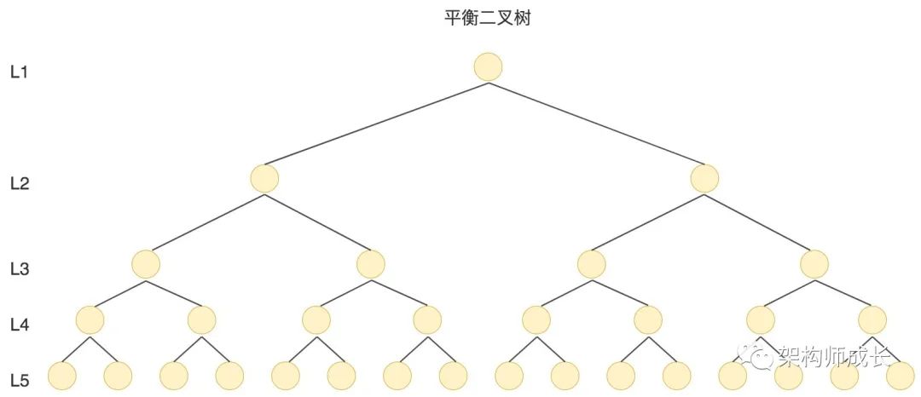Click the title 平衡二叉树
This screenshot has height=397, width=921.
click(488, 18)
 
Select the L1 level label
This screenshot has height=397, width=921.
click(20, 72)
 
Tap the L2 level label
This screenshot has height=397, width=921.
click(20, 182)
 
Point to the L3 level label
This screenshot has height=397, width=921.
click(20, 269)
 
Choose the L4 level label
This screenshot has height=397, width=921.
click(20, 325)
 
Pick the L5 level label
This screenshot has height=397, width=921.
click(20, 380)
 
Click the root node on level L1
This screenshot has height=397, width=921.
click(489, 66)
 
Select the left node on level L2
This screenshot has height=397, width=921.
click(265, 178)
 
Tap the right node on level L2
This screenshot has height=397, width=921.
click(705, 178)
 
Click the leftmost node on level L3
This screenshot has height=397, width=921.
click(146, 264)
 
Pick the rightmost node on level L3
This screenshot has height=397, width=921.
click(814, 264)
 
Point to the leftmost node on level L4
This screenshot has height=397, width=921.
click(90, 320)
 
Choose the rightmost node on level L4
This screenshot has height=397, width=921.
click(872, 320)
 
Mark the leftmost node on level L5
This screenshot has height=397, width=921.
click(62, 376)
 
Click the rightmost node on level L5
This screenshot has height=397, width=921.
click(900, 376)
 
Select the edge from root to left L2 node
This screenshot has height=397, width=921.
click(377, 124)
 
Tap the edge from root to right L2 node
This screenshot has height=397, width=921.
click(597, 124)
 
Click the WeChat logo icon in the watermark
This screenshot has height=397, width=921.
click(752, 356)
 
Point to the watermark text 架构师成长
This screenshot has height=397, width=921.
click(824, 356)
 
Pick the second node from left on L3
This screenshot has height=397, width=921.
click(371, 264)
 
